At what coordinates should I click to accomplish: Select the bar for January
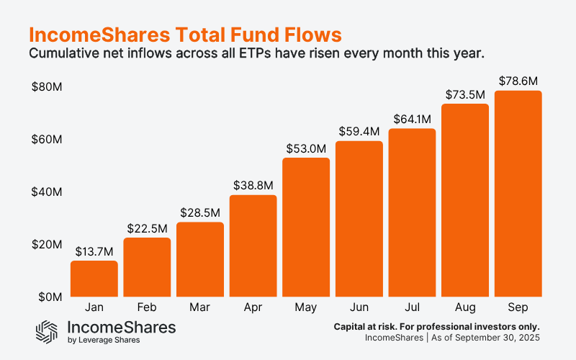[94, 279]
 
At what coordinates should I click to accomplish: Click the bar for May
[306, 227]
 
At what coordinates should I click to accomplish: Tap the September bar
[518, 193]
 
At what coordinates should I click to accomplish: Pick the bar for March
[199, 259]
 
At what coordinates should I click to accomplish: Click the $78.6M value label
[518, 81]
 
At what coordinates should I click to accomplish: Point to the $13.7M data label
[94, 251]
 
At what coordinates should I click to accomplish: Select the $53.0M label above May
[306, 148]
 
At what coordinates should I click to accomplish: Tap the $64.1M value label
[412, 119]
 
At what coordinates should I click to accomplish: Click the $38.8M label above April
[253, 185]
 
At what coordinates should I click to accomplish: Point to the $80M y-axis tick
[46, 87]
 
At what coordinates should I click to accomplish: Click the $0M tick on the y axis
[49, 297]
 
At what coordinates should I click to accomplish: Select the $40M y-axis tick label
[46, 192]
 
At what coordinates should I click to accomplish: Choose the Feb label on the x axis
[147, 307]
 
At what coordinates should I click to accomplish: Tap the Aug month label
[464, 307]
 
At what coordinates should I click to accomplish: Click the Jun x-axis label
[359, 307]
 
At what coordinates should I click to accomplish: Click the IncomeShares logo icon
[47, 331]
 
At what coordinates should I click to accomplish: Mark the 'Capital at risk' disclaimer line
[436, 326]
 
